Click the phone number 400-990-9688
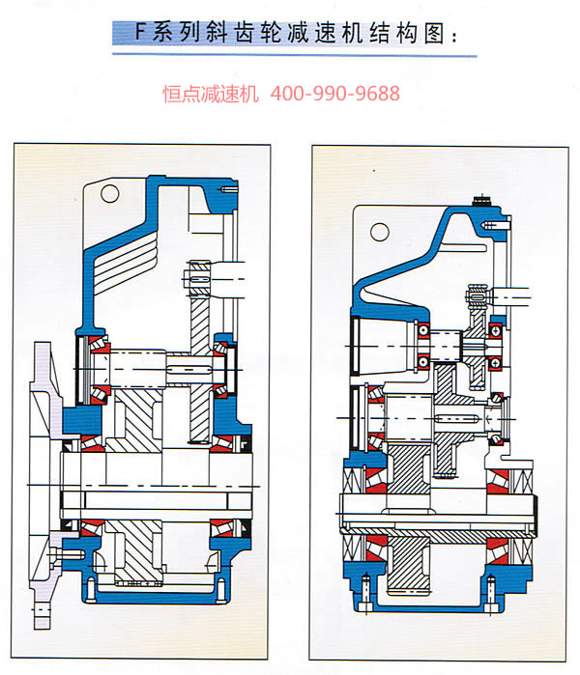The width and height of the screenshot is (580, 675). coord(335,94)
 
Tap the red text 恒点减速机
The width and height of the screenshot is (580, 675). coord(211,94)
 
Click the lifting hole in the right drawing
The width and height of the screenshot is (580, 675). coord(380,232)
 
